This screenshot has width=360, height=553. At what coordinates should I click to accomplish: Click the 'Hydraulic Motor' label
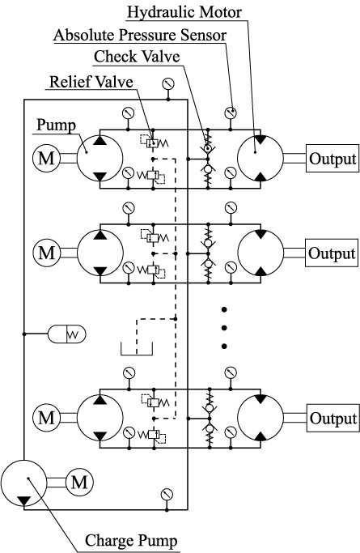click(x=184, y=12)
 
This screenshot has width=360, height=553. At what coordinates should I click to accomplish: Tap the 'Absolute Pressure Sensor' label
click(x=140, y=35)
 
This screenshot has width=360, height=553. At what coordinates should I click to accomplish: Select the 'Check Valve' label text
click(x=137, y=57)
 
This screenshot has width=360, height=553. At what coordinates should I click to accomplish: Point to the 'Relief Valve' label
click(x=91, y=82)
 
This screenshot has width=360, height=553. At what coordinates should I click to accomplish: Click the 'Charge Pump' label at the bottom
click(x=131, y=541)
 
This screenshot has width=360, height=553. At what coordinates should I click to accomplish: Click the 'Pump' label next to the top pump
click(x=57, y=125)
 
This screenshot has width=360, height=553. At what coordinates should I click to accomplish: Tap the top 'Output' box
click(x=332, y=159)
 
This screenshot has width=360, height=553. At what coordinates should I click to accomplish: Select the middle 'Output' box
click(x=332, y=253)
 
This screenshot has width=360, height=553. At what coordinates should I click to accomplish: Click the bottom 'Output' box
click(x=333, y=418)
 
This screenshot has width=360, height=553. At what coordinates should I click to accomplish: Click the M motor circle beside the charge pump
click(x=79, y=482)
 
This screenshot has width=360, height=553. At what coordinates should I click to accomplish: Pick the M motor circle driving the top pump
click(x=46, y=159)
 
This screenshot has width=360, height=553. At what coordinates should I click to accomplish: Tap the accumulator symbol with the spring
click(x=67, y=334)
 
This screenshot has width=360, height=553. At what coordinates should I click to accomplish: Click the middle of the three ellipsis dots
click(x=224, y=328)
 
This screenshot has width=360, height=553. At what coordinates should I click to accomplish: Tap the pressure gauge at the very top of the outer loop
click(x=168, y=84)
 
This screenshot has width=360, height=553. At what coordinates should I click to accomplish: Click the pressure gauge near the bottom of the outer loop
click(x=167, y=495)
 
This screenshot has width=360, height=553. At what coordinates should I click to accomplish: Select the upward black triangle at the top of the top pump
click(x=100, y=140)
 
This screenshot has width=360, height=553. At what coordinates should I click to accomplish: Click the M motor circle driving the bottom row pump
click(x=46, y=418)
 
